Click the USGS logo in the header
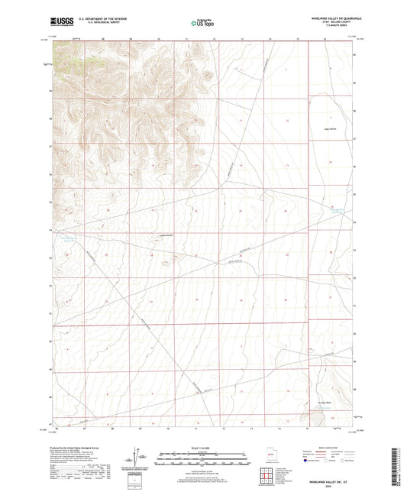pyautogui.click(x=61, y=21)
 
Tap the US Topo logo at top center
pyautogui.click(x=202, y=24)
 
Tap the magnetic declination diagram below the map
pyautogui.click(x=140, y=456)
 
